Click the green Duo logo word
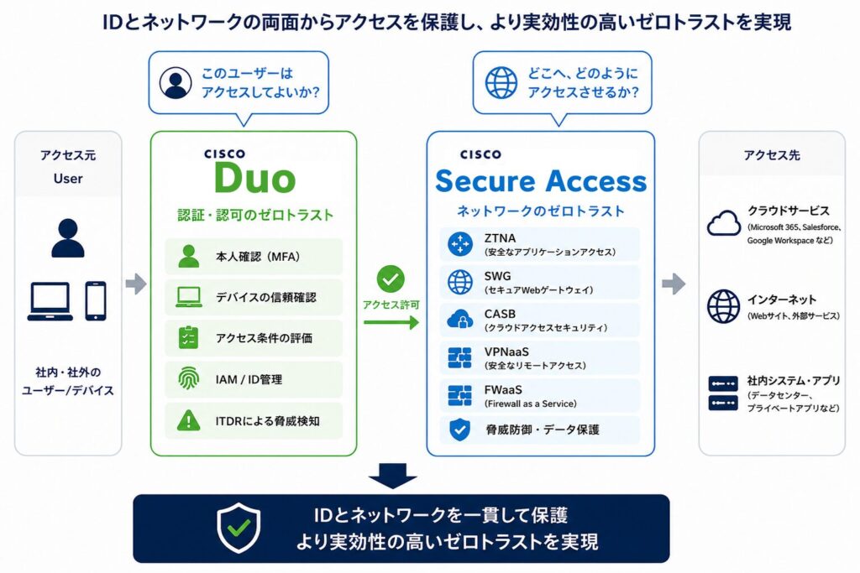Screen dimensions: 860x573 coord(255,178)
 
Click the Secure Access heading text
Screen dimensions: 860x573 coord(541,180)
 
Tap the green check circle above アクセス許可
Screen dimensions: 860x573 coord(391,279)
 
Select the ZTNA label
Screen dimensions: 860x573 coord(500,238)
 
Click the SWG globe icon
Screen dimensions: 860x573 coord(459,282)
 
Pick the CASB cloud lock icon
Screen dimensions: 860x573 coord(459,320)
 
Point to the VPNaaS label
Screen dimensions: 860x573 coord(506,352)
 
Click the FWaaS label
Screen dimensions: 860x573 coord(503,389)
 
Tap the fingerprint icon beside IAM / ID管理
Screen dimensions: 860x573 coord(188,378)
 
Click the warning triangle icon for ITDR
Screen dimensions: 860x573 coord(189,420)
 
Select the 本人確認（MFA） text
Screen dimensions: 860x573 coord(258,257)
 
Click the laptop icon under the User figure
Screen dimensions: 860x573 coord(50,301)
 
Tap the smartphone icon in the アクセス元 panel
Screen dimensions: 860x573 coord(96,300)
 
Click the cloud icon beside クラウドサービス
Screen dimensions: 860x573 coord(723,223)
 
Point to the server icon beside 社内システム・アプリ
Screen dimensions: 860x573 coord(723,393)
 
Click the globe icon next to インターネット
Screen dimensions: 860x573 coord(723,306)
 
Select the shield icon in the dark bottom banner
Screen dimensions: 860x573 coord(239,528)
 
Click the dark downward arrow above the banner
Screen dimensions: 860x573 coord(393,476)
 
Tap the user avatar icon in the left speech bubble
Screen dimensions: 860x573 coord(176,83)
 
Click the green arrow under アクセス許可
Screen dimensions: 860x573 coord(391,322)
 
